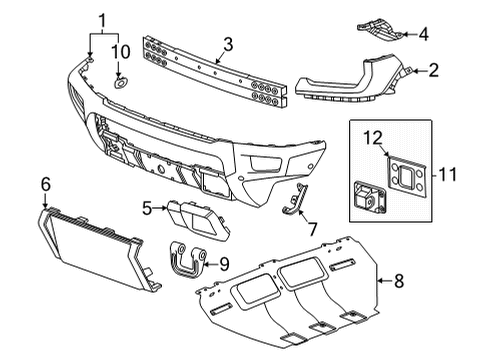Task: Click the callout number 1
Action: click(x=101, y=19)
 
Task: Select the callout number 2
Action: click(x=433, y=70)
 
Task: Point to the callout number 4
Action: click(x=424, y=34)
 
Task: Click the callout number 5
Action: click(x=147, y=208)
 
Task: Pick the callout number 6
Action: click(x=45, y=184)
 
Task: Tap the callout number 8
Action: click(x=398, y=282)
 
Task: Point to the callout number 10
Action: click(x=121, y=50)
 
